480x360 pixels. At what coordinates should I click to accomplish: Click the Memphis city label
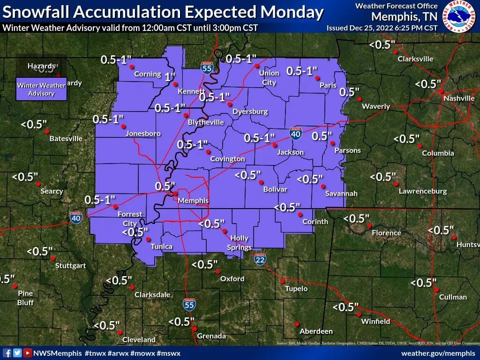pyautogui.click(x=193, y=201)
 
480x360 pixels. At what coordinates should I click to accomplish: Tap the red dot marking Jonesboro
pyautogui.click(x=124, y=127)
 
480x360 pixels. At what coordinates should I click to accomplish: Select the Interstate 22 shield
pyautogui.click(x=261, y=259)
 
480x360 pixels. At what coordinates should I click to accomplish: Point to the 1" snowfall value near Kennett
pyautogui.click(x=170, y=76)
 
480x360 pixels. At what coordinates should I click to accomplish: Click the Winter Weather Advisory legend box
pyautogui.click(x=41, y=89)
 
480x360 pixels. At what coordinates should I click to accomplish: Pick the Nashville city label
pyautogui.click(x=459, y=98)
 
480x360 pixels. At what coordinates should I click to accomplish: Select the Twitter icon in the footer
pyautogui.click(x=17, y=353)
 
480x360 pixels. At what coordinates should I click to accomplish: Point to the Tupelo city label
pyautogui.click(x=296, y=289)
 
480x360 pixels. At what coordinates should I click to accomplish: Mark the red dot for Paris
pyautogui.click(x=317, y=78)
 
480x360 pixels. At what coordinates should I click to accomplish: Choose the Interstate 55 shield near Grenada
pyautogui.click(x=189, y=305)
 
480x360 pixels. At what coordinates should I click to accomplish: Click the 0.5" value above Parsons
pyautogui.click(x=322, y=136)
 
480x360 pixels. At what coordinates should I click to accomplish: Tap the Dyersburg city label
pyautogui.click(x=250, y=112)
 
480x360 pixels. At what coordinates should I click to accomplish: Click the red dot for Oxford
pyautogui.click(x=218, y=271)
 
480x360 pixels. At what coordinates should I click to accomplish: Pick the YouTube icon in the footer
pyautogui.click(x=28, y=353)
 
